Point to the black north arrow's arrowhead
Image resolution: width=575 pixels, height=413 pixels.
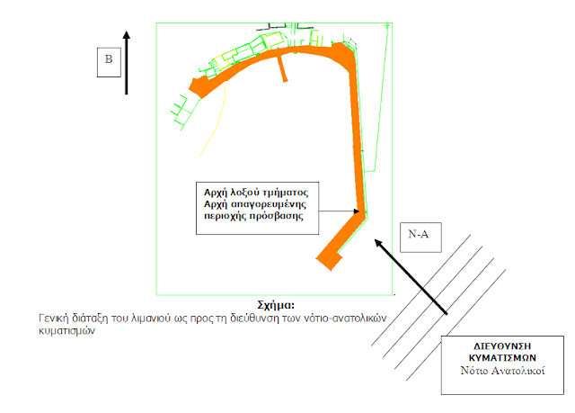click(x=127, y=35)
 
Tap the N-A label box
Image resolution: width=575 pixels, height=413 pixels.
click(x=418, y=232)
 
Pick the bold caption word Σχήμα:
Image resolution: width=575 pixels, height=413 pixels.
click(x=276, y=306)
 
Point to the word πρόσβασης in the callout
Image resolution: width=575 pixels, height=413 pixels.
click(x=276, y=217)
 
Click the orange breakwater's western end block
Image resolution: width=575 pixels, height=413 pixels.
click(x=197, y=85)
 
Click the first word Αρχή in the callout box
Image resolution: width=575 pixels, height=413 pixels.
click(x=216, y=193)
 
